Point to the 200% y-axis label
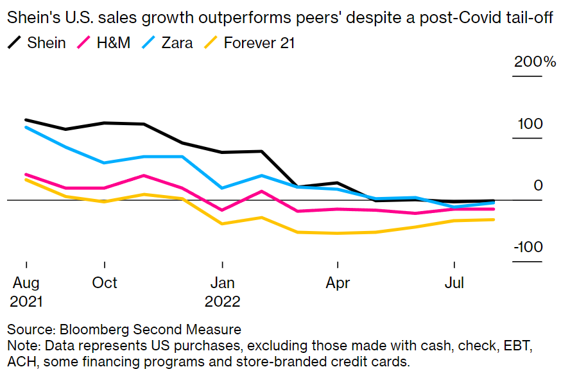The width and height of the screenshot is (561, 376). click(534, 62)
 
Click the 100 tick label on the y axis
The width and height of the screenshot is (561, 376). click(531, 124)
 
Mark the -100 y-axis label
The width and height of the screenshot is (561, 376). click(528, 248)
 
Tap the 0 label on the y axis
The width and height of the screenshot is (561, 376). click(538, 185)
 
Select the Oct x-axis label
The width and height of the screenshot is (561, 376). click(104, 282)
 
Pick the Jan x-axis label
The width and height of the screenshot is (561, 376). click(222, 282)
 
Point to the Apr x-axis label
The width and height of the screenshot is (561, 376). click(337, 282)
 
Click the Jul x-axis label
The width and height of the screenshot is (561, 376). click(454, 282)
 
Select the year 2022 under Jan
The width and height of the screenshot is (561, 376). click(222, 300)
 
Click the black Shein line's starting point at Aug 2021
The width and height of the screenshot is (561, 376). click(26, 120)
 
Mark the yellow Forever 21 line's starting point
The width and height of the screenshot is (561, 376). click(26, 179)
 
